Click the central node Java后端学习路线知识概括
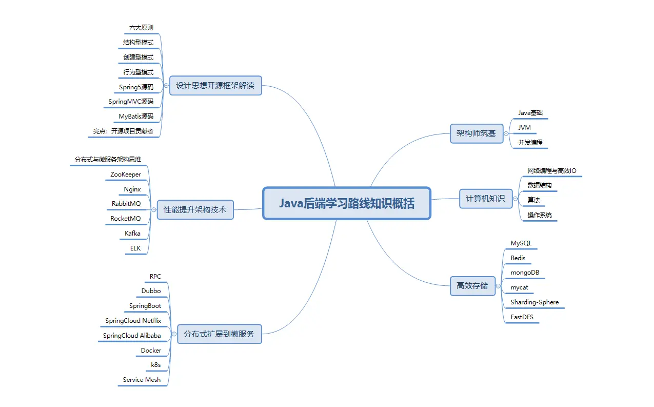tap(347, 203)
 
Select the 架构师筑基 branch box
tap(476, 133)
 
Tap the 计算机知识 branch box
tap(485, 198)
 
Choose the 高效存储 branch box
tap(472, 285)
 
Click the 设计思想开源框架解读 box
tap(215, 86)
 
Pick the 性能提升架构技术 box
tap(194, 209)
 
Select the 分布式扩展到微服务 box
tap(219, 334)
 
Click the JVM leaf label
tap(524, 127)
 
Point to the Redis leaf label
tap(518, 258)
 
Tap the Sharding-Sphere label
tap(534, 302)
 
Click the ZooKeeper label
tap(125, 175)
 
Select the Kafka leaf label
tap(132, 234)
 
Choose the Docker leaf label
tap(151, 351)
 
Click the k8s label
tap(155, 365)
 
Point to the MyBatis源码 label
tap(136, 117)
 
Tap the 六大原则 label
tap(141, 27)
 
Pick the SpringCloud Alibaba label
tap(132, 336)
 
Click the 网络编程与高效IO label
tap(555, 170)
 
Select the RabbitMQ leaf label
tap(126, 204)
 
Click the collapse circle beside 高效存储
tap(499, 286)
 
